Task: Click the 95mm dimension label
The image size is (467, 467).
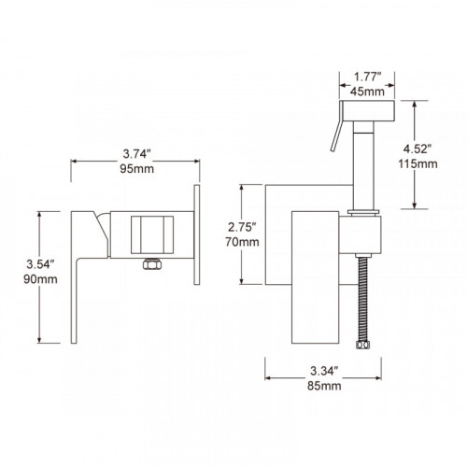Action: [x=136, y=169]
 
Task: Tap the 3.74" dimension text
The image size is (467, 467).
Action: [x=136, y=154]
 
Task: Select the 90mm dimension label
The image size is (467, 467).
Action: [x=40, y=279]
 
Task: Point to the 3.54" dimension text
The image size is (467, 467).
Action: [x=40, y=264]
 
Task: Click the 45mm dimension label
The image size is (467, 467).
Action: [x=367, y=92]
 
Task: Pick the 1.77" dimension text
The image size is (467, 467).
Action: [x=367, y=77]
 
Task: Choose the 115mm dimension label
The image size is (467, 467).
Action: [x=417, y=163]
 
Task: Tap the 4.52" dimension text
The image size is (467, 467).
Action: [x=417, y=149]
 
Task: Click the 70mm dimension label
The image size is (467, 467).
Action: [x=242, y=242]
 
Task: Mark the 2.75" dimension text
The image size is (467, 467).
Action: [x=242, y=227]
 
